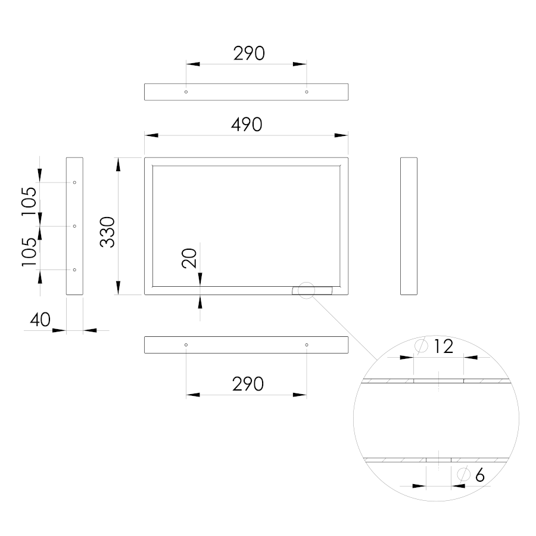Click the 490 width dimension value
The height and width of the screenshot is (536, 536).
(x=247, y=125)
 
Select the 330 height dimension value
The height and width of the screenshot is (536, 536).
(x=107, y=232)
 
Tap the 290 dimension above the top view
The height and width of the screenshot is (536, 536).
(x=249, y=54)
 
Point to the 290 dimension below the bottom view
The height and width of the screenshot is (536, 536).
(x=248, y=384)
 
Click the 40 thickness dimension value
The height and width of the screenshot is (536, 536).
(x=40, y=320)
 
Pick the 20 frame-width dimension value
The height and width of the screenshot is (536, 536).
(x=189, y=258)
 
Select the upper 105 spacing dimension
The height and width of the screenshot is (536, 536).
(x=29, y=202)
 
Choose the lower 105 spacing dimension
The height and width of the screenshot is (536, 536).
(x=29, y=252)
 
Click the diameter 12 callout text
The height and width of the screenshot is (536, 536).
(x=443, y=346)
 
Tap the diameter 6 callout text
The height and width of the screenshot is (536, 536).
(x=479, y=475)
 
